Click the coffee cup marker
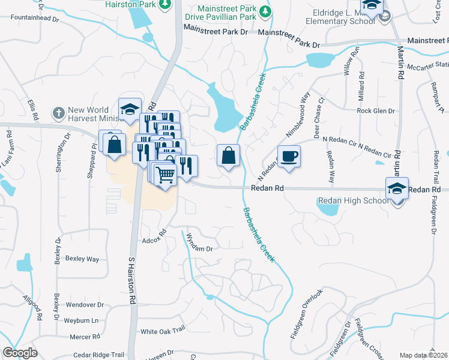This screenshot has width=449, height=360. point(289,157)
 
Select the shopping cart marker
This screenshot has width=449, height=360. point(165,175)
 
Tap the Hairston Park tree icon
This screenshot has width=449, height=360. point(166,4)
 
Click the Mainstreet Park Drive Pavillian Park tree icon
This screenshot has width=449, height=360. point(264,11)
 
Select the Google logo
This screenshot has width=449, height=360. point(20,353)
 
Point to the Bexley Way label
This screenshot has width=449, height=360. point(82,259)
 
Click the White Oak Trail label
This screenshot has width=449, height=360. point(161,331)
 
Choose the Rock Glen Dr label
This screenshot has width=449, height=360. point(376,111)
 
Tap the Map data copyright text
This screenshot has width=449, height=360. point(424,355)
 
